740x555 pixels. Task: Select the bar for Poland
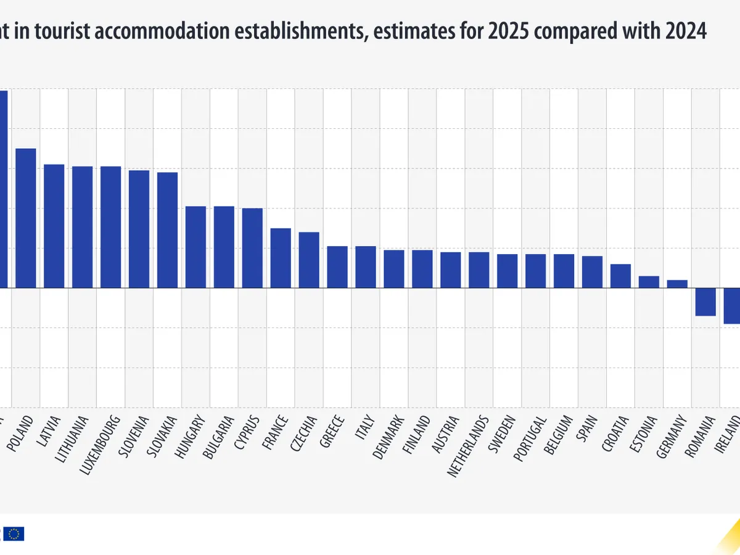point(26,218)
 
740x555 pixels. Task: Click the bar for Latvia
point(54,226)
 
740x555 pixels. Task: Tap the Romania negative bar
point(705,302)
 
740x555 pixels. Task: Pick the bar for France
point(281,258)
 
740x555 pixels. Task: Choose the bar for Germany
point(677,284)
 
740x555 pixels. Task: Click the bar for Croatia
point(620,276)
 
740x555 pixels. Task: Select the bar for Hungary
point(196,247)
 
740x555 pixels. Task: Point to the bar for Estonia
point(649,282)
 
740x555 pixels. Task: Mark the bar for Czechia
point(309,260)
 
